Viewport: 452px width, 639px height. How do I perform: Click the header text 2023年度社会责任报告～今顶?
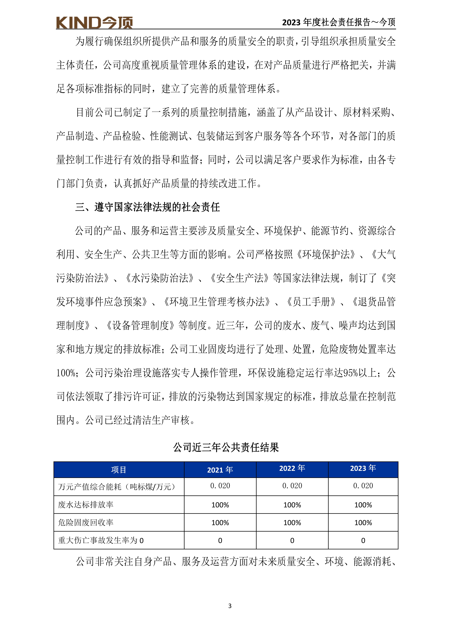339,22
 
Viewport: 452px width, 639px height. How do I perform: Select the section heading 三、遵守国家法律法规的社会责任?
148,207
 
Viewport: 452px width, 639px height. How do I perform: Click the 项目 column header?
119,470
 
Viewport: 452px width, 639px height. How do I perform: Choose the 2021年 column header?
220,470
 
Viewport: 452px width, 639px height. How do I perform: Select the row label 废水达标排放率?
86,505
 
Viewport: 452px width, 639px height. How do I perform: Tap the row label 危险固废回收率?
86,522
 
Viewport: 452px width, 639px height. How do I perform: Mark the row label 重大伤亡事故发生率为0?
101,540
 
